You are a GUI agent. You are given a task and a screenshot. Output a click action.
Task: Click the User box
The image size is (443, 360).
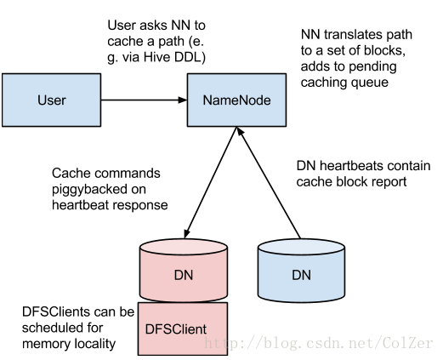pyautogui.click(x=51, y=100)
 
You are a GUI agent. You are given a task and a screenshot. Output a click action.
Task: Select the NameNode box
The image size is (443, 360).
pyautogui.click(x=236, y=100)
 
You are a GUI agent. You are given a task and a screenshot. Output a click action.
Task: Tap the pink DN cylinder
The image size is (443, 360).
pyautogui.click(x=184, y=270)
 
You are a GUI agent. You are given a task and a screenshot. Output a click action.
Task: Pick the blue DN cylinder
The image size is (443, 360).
pyautogui.click(x=301, y=270)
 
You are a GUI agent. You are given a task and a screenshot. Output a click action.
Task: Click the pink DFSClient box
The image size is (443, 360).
pyautogui.click(x=183, y=329)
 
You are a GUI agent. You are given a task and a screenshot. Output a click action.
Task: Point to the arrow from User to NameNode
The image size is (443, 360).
pyautogui.click(x=144, y=100)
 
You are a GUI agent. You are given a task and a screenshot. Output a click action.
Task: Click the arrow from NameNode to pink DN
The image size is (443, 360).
pyautogui.click(x=211, y=182)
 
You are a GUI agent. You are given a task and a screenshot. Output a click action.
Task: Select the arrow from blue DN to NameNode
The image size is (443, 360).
pyautogui.click(x=269, y=182)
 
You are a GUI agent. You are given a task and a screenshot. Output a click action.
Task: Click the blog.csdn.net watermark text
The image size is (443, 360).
pyautogui.click(x=319, y=343)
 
